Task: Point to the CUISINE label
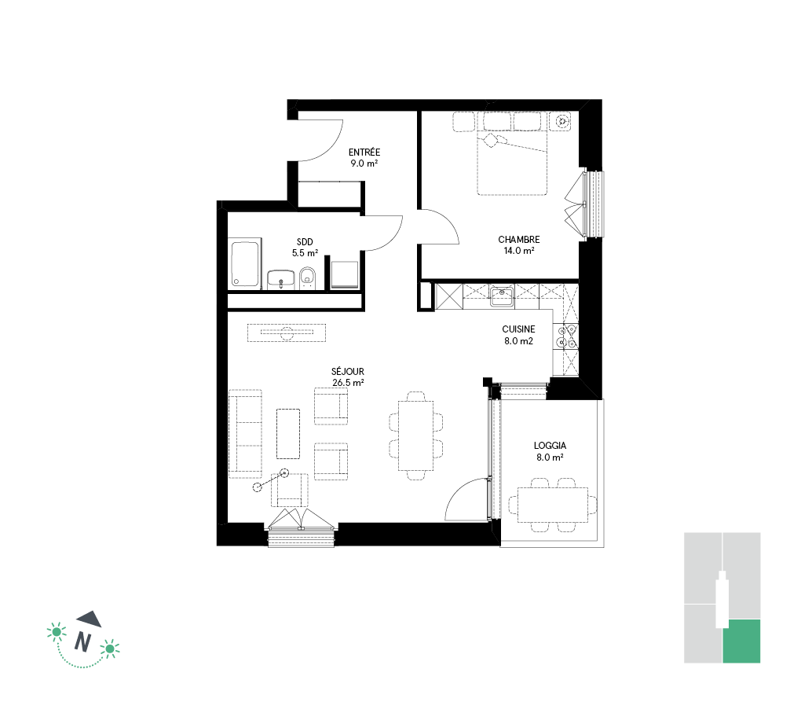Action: click(518, 329)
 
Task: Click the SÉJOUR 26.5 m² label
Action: click(348, 377)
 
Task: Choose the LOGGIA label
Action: click(550, 446)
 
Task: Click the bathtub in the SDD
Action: click(245, 264)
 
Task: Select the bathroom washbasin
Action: click(280, 279)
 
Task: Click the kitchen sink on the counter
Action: click(502, 296)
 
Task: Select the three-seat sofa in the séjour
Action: click(246, 434)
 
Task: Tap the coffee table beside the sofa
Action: click(288, 434)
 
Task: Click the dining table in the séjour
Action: click(416, 436)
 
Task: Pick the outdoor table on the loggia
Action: click(553, 505)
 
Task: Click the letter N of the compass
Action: click(82, 641)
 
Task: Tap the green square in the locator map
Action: click(741, 641)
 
